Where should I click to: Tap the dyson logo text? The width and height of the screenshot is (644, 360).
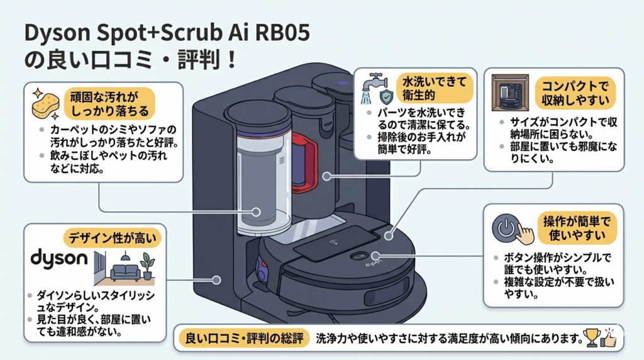(x=58, y=259)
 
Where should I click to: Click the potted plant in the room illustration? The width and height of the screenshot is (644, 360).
(x=148, y=264)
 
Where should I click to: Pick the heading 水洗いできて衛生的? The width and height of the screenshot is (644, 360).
(x=429, y=89)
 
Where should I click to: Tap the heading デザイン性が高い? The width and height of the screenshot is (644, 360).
(x=112, y=238)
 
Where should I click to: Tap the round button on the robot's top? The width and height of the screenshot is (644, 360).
(x=360, y=256)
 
